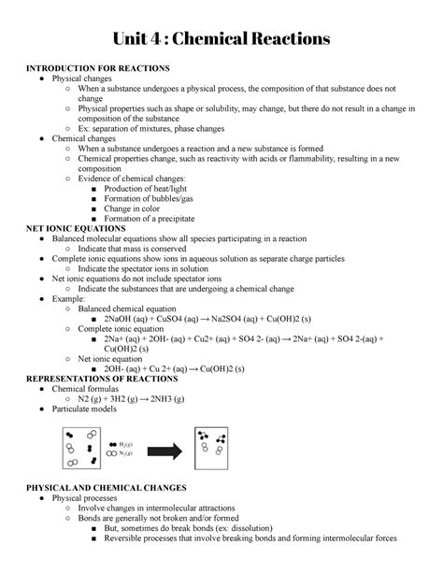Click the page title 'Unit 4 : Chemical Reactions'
click(x=221, y=38)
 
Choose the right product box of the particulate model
click(x=212, y=448)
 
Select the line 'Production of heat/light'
click(x=152, y=188)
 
